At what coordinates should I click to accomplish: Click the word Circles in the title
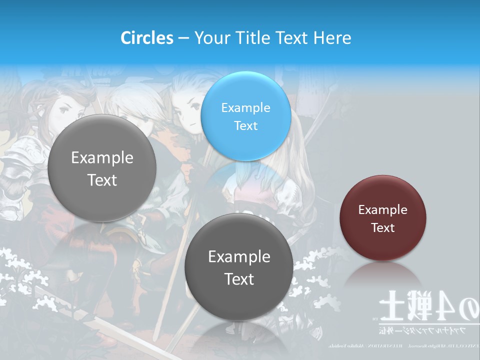tap(147, 38)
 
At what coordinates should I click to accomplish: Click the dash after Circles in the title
tap(183, 38)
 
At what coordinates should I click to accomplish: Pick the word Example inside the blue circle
tap(245, 107)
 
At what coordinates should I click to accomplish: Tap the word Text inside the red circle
tap(383, 228)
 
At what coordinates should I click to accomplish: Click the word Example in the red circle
tap(383, 210)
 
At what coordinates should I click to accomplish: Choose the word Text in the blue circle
tap(245, 125)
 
